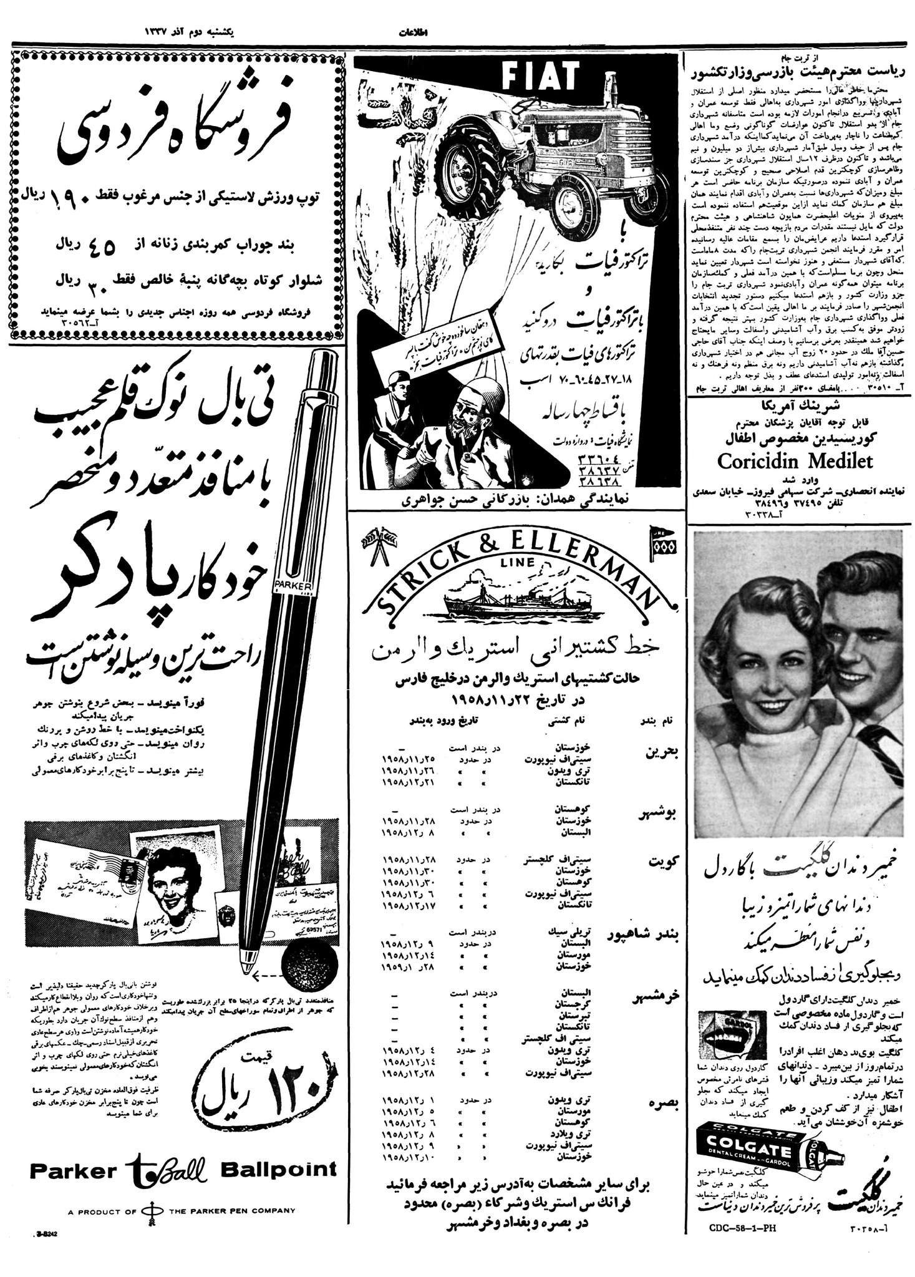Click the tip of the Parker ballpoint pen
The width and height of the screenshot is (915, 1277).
248,969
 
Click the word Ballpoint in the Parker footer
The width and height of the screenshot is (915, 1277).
278,1169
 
